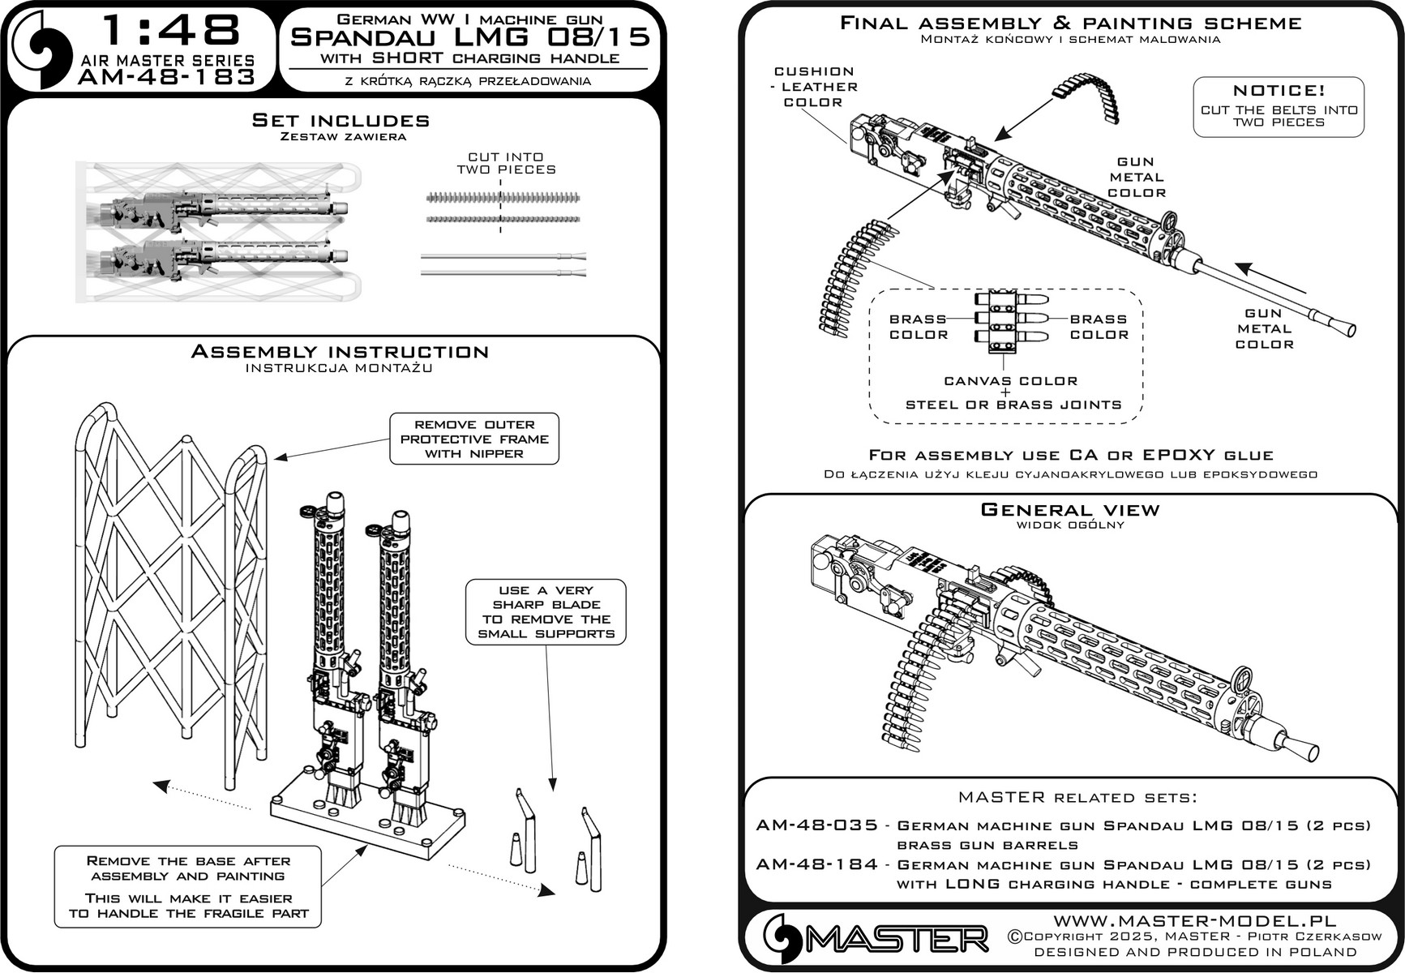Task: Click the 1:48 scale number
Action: click(171, 31)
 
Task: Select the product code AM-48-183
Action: click(167, 77)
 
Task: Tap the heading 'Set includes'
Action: click(341, 121)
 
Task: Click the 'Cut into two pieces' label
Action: click(506, 163)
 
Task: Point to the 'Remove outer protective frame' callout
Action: click(474, 439)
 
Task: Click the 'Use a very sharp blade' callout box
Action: click(546, 612)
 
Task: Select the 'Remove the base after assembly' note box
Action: click(188, 886)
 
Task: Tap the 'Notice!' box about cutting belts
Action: click(1279, 106)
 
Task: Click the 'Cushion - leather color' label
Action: click(814, 87)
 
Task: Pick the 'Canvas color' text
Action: click(1010, 381)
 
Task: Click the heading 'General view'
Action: click(1070, 510)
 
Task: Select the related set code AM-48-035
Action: click(816, 825)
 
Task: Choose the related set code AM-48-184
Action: click(816, 864)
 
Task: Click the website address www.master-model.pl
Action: click(1194, 920)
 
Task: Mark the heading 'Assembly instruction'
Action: click(340, 352)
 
